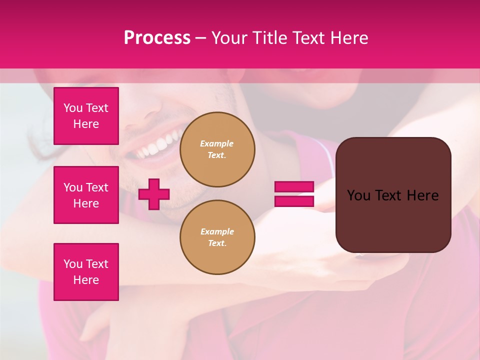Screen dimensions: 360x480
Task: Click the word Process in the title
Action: pyautogui.click(x=157, y=38)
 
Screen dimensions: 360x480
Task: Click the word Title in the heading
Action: pyautogui.click(x=268, y=38)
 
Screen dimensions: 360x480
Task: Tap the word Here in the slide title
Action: pyautogui.click(x=348, y=38)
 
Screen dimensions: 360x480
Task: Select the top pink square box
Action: pyautogui.click(x=86, y=116)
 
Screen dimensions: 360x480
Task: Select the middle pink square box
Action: pyautogui.click(x=86, y=195)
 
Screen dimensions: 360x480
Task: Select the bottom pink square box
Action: pyautogui.click(x=86, y=272)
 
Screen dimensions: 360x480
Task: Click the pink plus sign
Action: pyautogui.click(x=154, y=194)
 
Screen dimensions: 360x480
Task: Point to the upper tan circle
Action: pyautogui.click(x=217, y=149)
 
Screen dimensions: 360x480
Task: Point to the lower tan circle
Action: pyautogui.click(x=217, y=237)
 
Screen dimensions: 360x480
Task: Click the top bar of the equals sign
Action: pyautogui.click(x=294, y=186)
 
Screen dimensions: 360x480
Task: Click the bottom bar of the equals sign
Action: pyautogui.click(x=294, y=201)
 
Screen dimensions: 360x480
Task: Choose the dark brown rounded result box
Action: pyautogui.click(x=393, y=220)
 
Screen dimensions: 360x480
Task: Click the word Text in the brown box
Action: pyautogui.click(x=392, y=195)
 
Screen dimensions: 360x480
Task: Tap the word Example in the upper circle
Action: pyautogui.click(x=217, y=143)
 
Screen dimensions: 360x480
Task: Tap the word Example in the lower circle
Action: pyautogui.click(x=217, y=231)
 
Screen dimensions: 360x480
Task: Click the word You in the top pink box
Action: pyautogui.click(x=73, y=108)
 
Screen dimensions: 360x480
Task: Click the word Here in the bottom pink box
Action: pyautogui.click(x=86, y=280)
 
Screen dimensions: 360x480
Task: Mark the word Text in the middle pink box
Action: pyautogui.click(x=97, y=187)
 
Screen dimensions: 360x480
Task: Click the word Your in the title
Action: pyautogui.click(x=229, y=38)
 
